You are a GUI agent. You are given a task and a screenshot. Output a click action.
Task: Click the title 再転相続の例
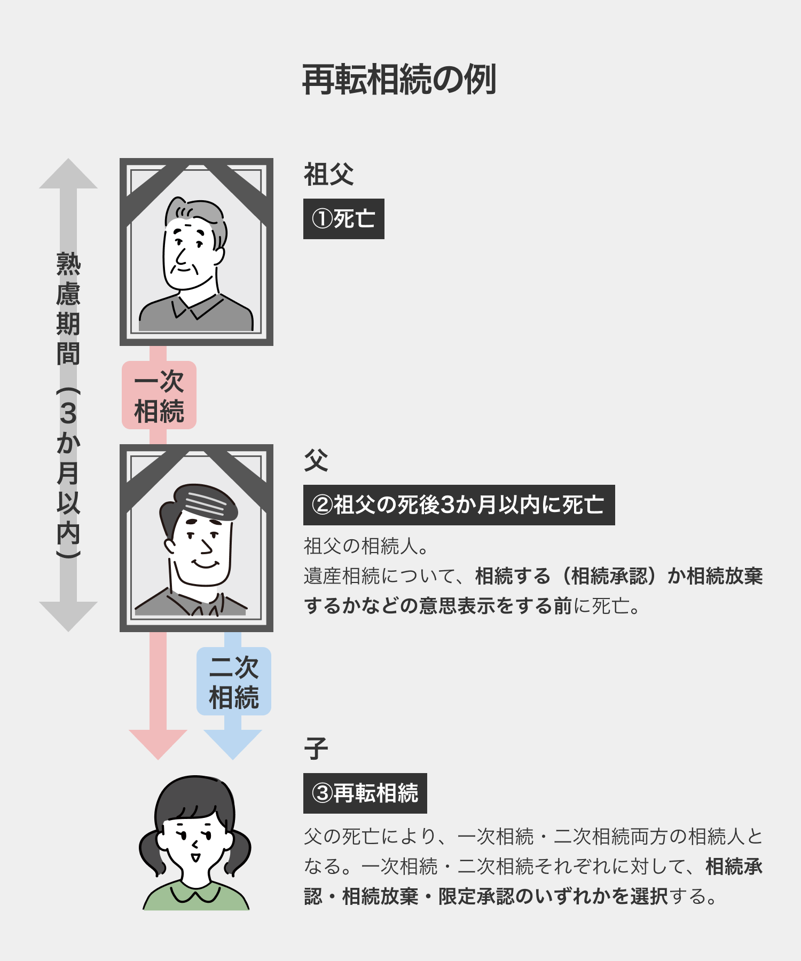pos(399,80)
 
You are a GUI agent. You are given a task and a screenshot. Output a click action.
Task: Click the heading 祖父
pos(328,174)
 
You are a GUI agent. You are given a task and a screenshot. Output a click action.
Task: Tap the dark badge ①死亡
pos(343,219)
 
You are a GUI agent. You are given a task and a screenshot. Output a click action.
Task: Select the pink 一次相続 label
pos(159,395)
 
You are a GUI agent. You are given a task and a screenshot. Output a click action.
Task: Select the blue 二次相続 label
pos(234,681)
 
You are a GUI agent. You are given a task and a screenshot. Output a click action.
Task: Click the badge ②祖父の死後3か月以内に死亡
pos(459,505)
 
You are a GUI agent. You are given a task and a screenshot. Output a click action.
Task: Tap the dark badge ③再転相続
pos(365,793)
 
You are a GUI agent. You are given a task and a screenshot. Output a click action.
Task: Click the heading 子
pos(316,749)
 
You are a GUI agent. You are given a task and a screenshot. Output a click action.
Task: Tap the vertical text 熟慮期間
pos(68,310)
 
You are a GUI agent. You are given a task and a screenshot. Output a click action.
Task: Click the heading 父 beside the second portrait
pos(316,460)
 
